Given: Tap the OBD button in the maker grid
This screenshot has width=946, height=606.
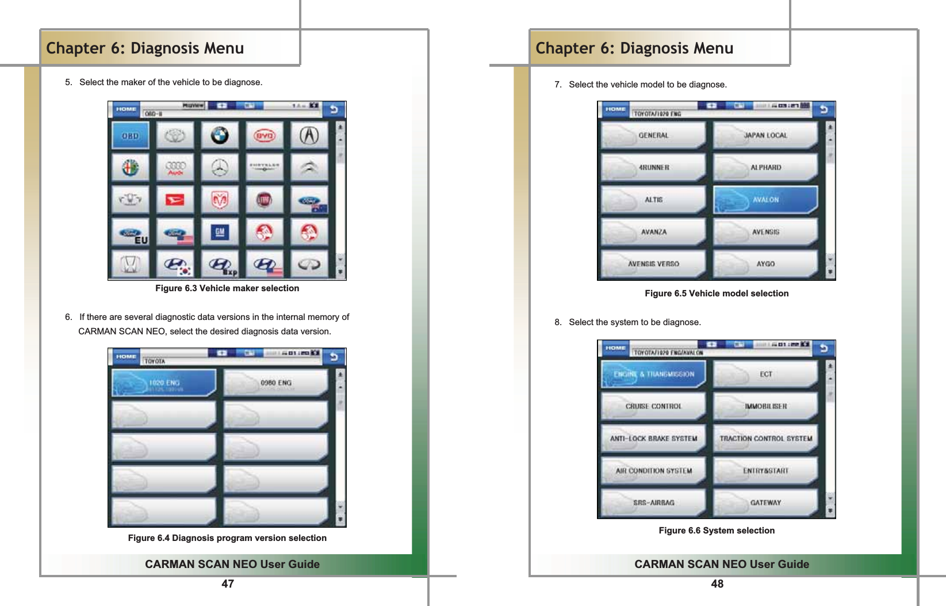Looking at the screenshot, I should (131, 136).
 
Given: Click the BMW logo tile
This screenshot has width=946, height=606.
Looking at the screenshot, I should (220, 136).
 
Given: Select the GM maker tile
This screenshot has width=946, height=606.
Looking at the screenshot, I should (220, 232).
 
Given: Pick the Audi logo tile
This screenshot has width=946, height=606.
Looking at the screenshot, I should (175, 167).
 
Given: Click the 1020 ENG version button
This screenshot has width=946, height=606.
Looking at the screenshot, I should (164, 383).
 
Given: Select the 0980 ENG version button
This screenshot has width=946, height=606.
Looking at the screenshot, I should (275, 383).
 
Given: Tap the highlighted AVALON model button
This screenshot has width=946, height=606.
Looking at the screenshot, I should (765, 200).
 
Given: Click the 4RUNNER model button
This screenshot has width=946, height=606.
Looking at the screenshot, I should (653, 167).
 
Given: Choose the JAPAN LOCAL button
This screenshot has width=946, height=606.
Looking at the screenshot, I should (765, 135).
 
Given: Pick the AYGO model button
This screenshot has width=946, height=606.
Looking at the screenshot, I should (765, 264).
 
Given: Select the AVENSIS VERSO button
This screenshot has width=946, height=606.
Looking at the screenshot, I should (653, 264).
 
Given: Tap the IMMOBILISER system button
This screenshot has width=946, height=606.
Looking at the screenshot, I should (765, 406).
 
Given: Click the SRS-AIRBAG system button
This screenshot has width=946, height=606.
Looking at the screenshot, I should (653, 502).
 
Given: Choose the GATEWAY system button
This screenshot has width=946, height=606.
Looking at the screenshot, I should (765, 502).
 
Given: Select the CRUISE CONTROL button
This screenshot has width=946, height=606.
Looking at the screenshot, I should (653, 406).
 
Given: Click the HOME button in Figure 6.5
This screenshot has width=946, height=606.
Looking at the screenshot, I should (615, 109).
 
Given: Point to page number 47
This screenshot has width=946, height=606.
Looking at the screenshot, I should (228, 584).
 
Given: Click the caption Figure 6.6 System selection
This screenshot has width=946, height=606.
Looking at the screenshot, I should (717, 531).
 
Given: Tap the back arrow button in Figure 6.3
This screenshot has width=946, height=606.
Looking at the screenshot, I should (334, 109).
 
